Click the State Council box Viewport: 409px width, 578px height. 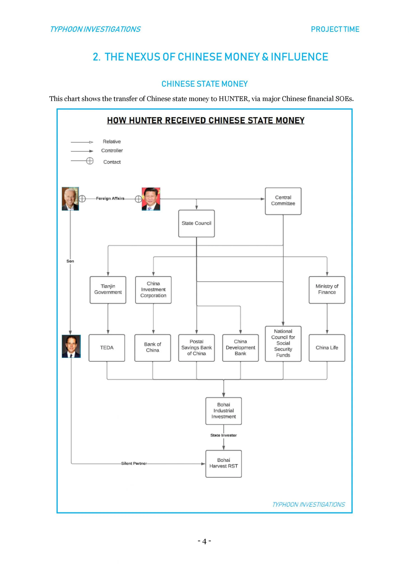[196, 223]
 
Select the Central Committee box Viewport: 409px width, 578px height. [283, 201]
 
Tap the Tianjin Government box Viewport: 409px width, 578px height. [108, 289]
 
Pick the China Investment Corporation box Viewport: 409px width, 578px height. [153, 289]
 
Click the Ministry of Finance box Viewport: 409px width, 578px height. [327, 289]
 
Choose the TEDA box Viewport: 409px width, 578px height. [107, 348]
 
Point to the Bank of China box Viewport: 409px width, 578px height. [152, 348]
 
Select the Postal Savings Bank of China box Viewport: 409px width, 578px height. [196, 348]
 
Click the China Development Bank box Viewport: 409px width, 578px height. [240, 348]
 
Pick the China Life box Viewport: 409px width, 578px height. [327, 348]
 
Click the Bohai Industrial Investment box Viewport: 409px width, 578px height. [223, 411]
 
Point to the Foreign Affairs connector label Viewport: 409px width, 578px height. [110, 198]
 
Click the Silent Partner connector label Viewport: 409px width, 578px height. [134, 464]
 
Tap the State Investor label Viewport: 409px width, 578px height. [223, 435]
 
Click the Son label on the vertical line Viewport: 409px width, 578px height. [70, 261]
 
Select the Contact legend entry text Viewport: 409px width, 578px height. [112, 162]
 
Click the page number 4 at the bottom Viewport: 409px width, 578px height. [204, 541]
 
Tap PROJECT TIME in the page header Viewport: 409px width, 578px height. [335, 29]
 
